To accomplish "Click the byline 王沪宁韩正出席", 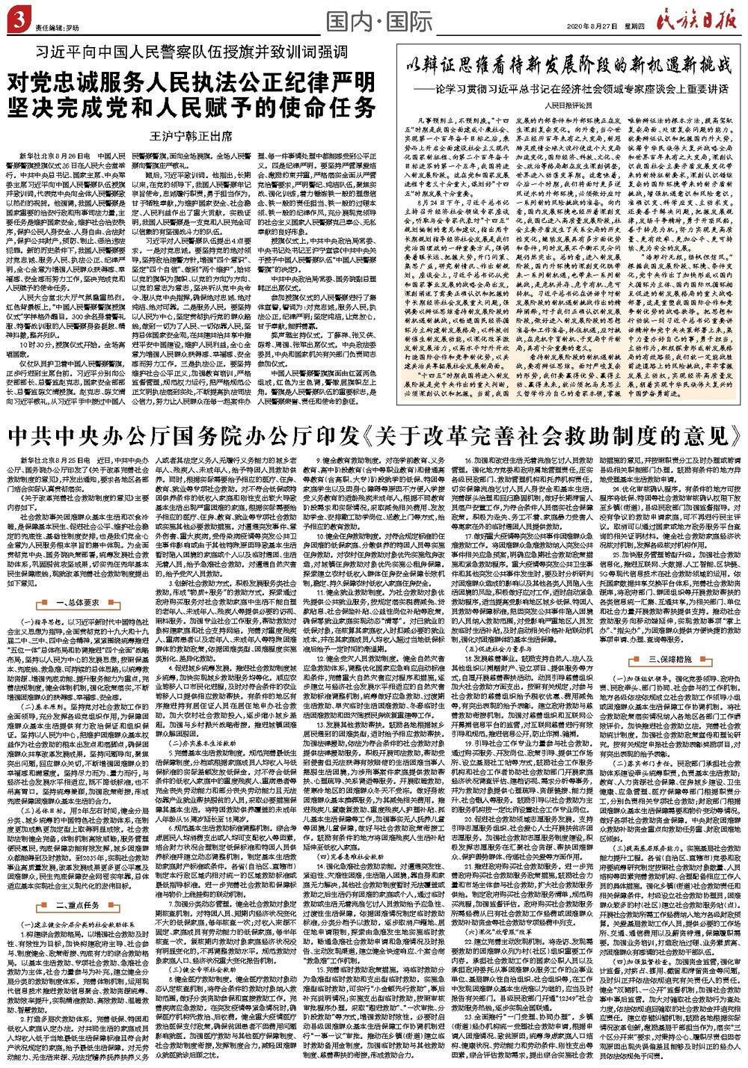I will click(x=194, y=137).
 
